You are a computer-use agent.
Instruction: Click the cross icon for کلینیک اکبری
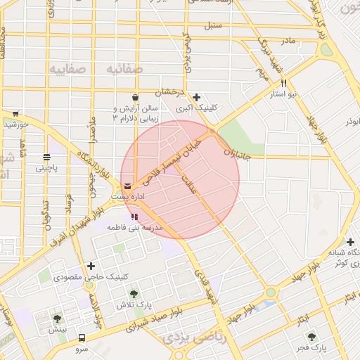[x=196, y=97]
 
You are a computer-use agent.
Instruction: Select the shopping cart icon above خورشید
[x=15, y=113]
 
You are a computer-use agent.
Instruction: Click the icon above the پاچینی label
[x=46, y=157]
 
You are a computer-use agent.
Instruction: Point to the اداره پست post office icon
[x=127, y=186]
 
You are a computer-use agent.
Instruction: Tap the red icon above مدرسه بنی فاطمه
[x=134, y=217]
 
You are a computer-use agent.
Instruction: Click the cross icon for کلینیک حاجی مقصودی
[x=91, y=266]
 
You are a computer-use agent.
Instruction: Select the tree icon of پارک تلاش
[x=134, y=293]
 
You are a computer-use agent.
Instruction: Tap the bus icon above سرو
[x=82, y=337]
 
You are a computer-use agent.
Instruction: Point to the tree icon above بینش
[x=57, y=319]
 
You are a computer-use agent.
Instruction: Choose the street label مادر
[x=288, y=41]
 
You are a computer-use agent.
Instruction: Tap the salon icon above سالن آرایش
[x=134, y=98]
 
